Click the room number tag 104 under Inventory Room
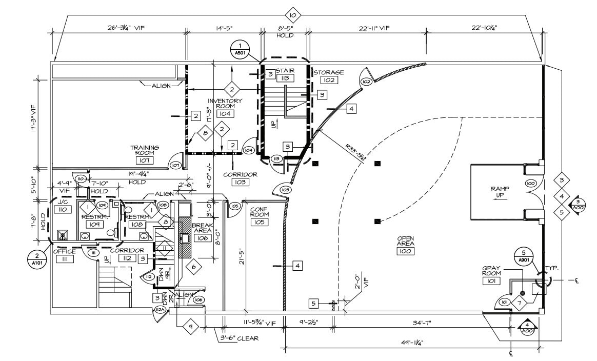(225, 113)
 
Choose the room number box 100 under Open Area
(405, 251)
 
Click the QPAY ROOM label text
(491, 270)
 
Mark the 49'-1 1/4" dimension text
(409, 342)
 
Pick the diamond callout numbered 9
(190, 327)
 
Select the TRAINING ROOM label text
(144, 150)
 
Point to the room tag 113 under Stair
(285, 78)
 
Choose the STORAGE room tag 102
(328, 80)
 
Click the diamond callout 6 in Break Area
(193, 266)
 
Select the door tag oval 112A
(160, 310)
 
